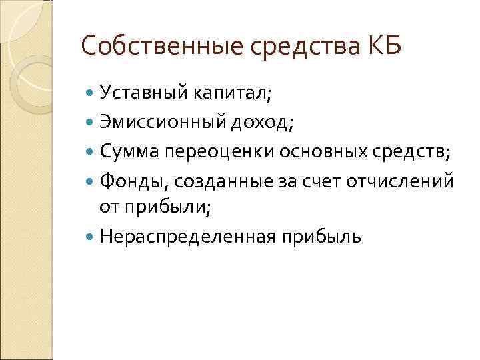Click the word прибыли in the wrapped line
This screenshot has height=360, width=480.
tap(167, 207)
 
